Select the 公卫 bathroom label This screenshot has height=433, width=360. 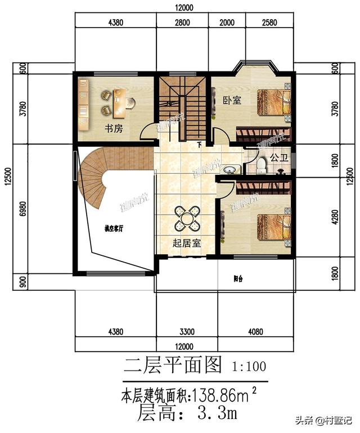coord(279,159)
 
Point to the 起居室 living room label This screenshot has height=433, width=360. coord(187,243)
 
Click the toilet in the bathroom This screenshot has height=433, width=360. coord(260,165)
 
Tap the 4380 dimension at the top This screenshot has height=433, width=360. coord(115,23)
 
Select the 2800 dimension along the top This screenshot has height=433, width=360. coord(182,23)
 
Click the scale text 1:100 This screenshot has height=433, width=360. coord(249,367)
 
